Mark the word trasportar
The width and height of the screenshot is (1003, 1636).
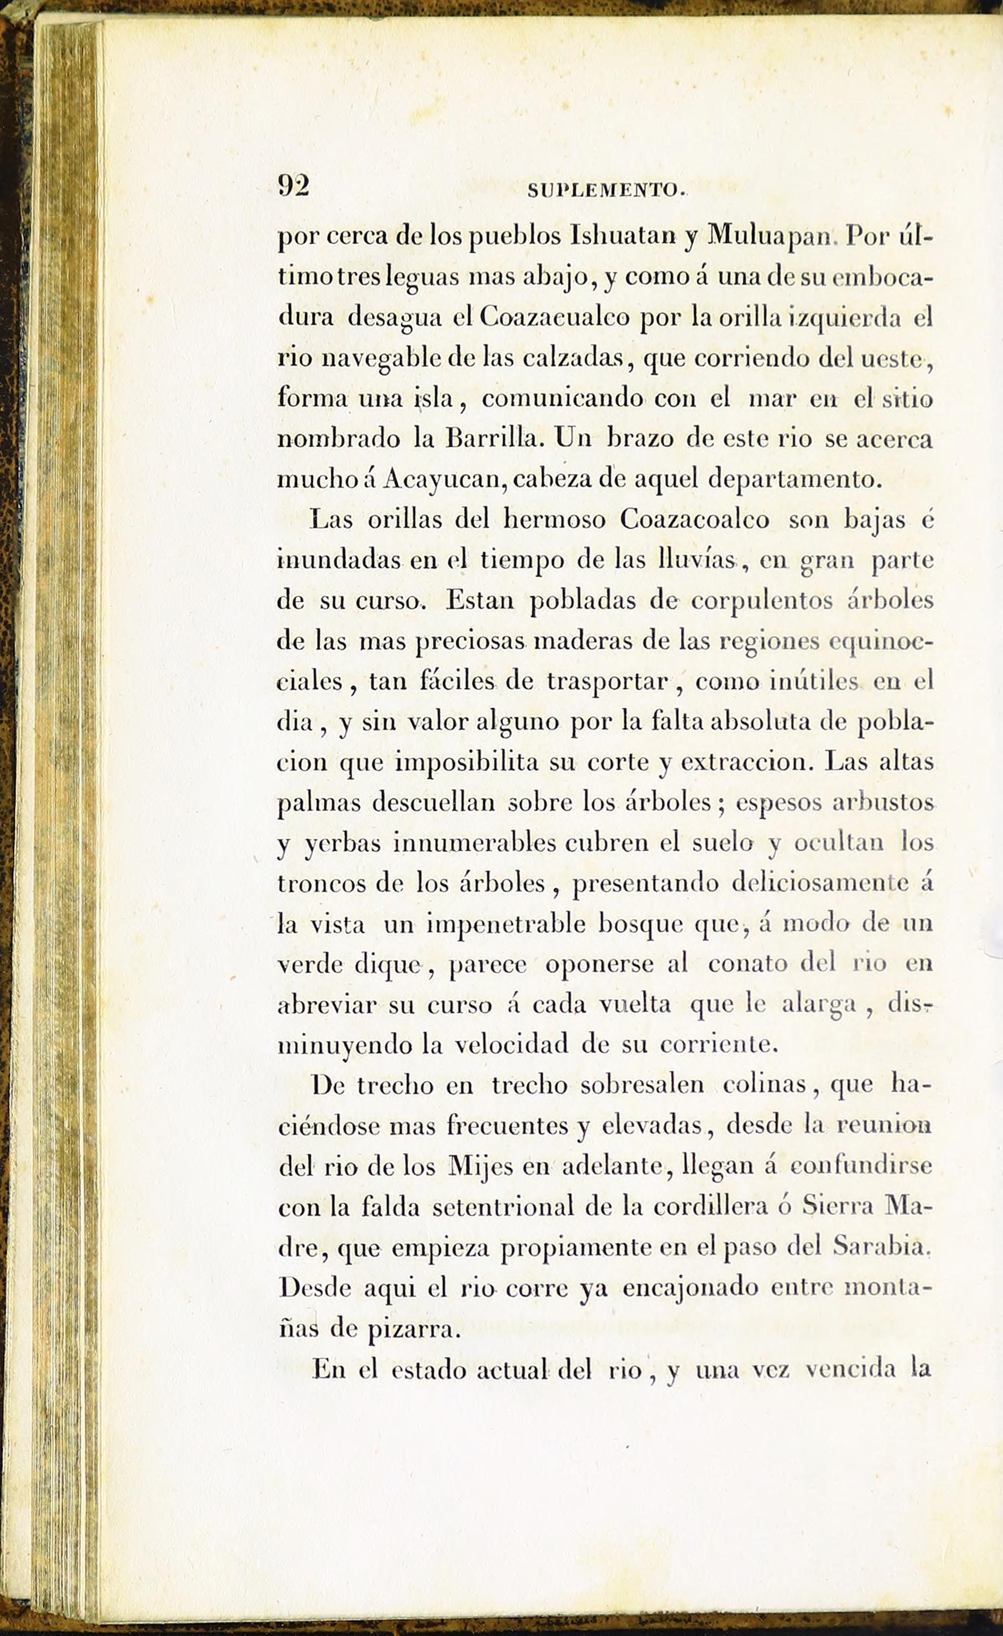pyautogui.click(x=607, y=683)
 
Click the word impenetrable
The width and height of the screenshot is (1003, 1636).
pyautogui.click(x=505, y=925)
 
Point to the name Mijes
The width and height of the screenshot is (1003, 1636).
pyautogui.click(x=481, y=1167)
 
